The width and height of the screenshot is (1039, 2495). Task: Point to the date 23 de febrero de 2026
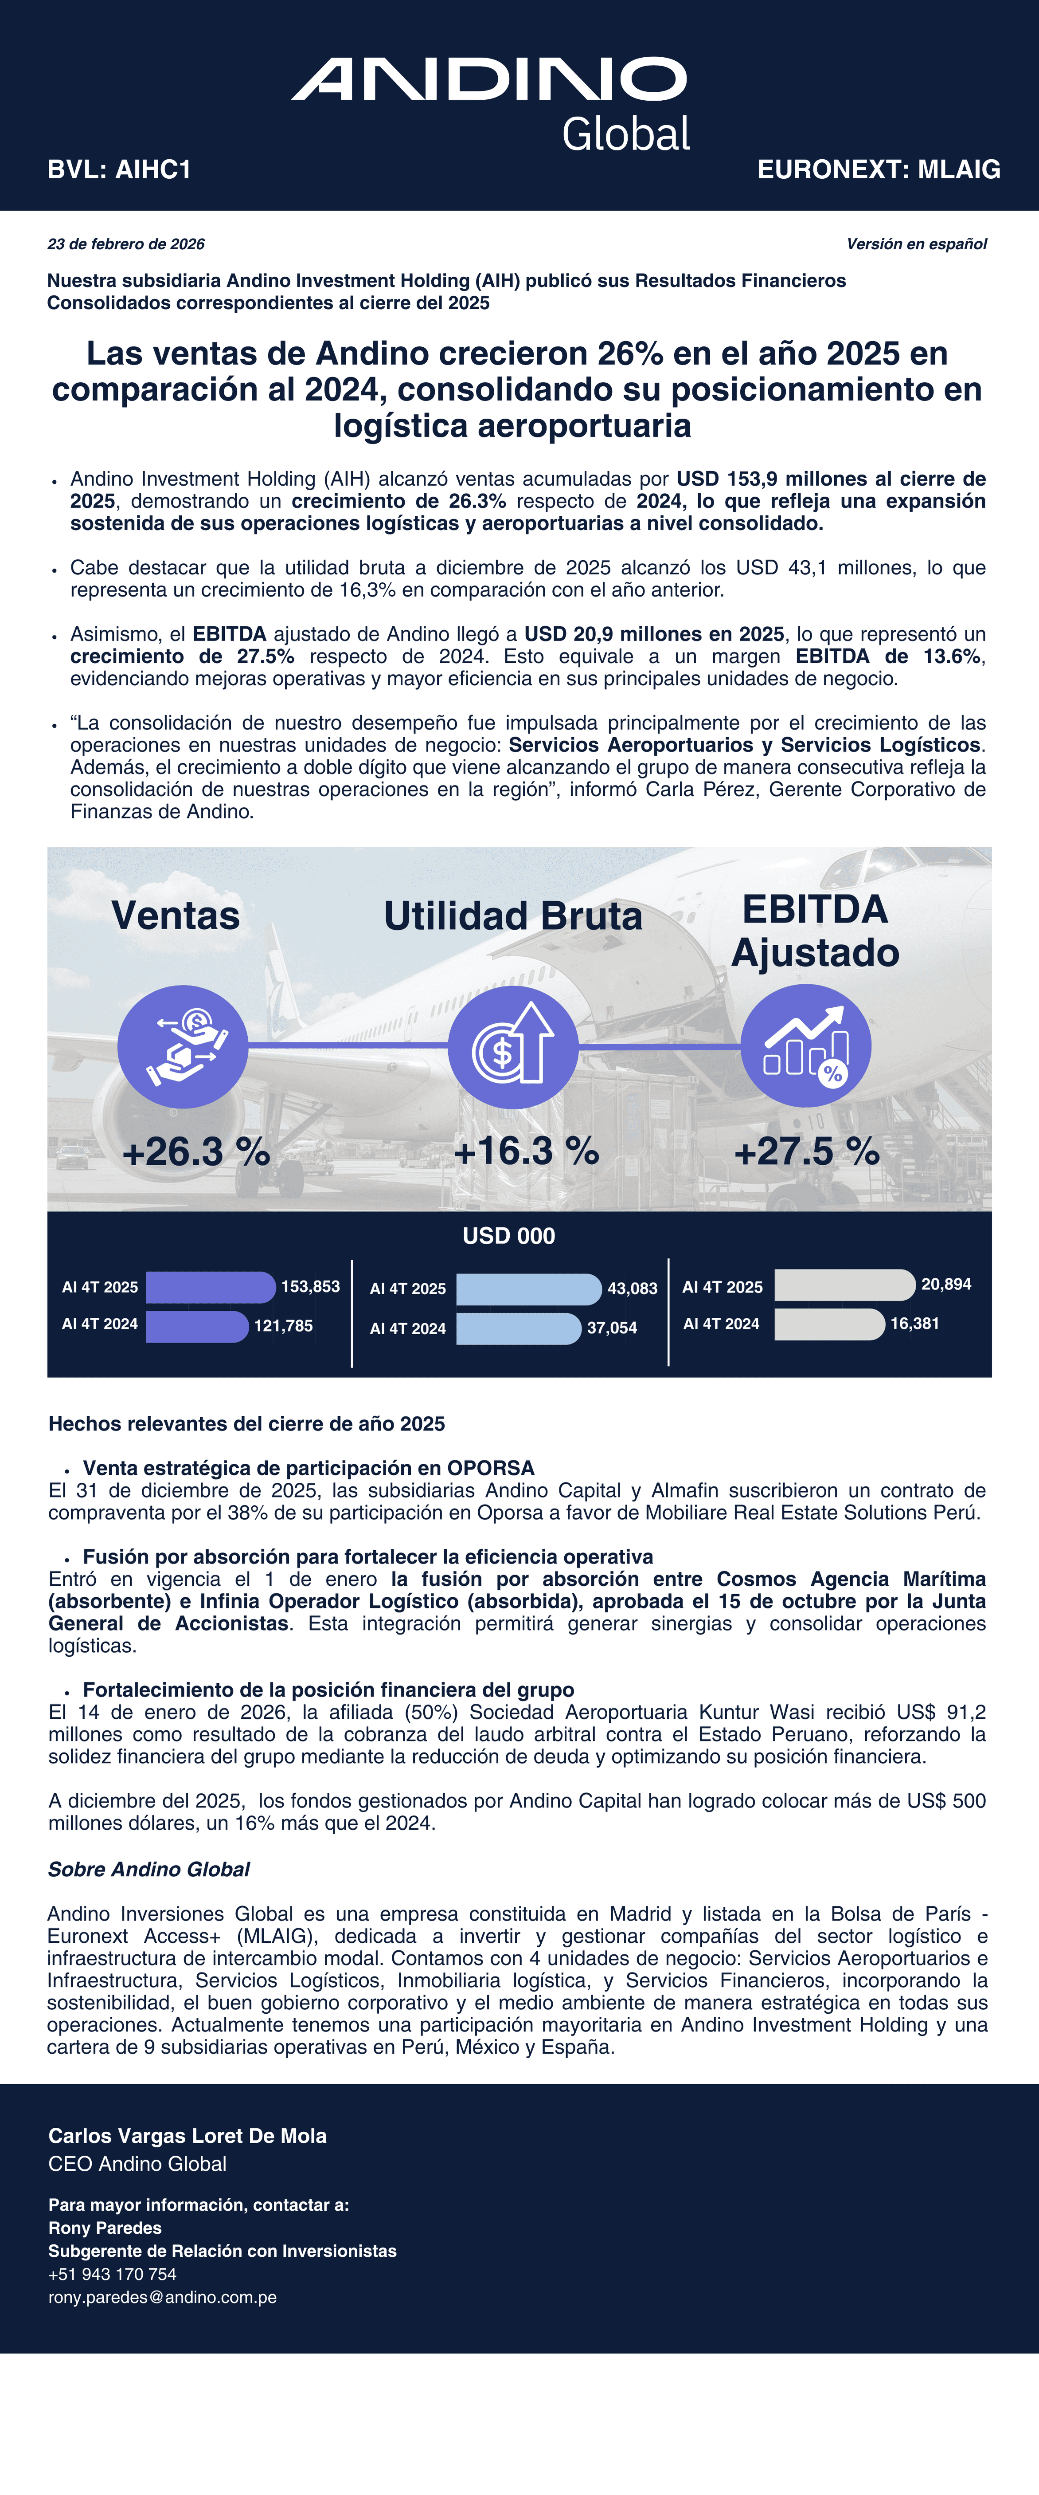pos(126,244)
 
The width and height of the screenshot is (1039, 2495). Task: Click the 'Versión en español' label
pos(916,244)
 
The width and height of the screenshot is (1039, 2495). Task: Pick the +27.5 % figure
pos(807,1151)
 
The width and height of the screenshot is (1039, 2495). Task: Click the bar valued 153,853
pos(210,1287)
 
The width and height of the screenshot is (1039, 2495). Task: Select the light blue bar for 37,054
pos(518,1328)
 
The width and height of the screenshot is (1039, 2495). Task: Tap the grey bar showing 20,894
pos(844,1285)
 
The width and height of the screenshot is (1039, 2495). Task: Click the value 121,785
pos(284,1326)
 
